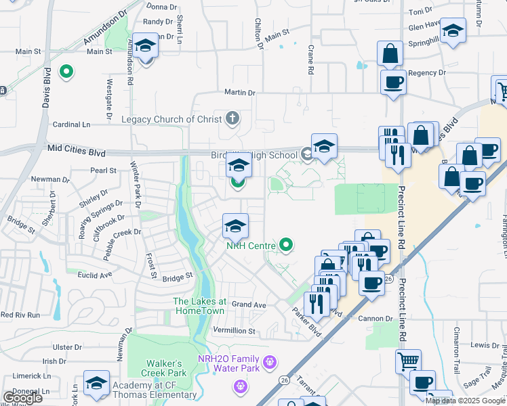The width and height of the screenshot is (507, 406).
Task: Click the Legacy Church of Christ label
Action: pyautogui.click(x=171, y=120)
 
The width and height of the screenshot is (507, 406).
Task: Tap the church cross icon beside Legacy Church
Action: pyautogui.click(x=232, y=119)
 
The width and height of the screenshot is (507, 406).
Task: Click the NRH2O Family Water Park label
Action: pyautogui.click(x=228, y=363)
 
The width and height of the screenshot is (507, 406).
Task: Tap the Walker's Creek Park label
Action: pyautogui.click(x=163, y=368)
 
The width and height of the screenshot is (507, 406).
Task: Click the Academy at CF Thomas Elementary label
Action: pyautogui.click(x=155, y=390)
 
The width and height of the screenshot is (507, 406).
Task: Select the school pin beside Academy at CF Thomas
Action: pyautogui.click(x=96, y=384)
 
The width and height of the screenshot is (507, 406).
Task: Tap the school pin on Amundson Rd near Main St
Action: pyautogui.click(x=145, y=47)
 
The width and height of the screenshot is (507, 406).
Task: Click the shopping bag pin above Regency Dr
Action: pyautogui.click(x=390, y=54)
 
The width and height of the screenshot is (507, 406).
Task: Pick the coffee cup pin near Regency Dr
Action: pyautogui.click(x=393, y=83)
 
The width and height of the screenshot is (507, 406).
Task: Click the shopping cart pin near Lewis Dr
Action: pyautogui.click(x=408, y=362)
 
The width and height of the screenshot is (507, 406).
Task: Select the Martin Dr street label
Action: pyautogui.click(x=241, y=93)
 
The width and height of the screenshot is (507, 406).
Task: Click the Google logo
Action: pyautogui.click(x=22, y=398)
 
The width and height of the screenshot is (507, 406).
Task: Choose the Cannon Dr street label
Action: pyautogui.click(x=380, y=318)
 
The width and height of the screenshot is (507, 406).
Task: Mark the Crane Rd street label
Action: pyautogui.click(x=310, y=60)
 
